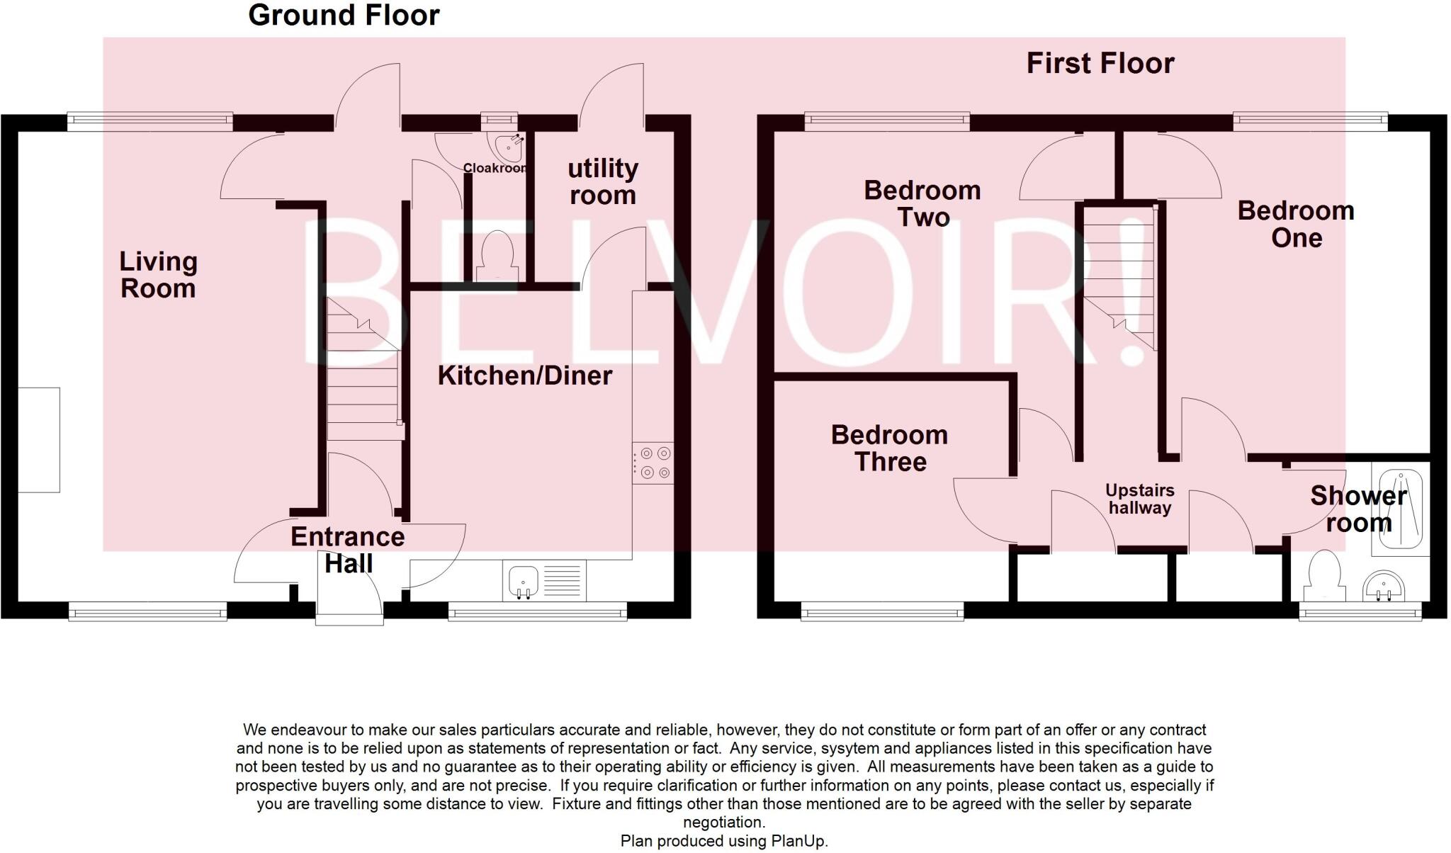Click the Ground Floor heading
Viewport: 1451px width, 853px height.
coord(344,16)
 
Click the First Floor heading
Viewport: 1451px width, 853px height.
coord(1100,64)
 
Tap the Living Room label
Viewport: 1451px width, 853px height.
coord(158,275)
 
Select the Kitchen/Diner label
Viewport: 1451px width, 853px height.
coord(524,375)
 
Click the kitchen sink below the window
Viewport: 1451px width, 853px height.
coord(524,581)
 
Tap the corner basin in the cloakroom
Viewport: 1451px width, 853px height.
coord(512,147)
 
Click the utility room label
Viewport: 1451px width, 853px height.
coord(603,181)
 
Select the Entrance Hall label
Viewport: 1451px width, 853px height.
coord(348,550)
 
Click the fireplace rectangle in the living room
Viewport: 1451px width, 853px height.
coord(38,439)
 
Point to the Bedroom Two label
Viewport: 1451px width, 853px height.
coord(922,203)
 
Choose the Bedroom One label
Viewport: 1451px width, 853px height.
coord(1296,224)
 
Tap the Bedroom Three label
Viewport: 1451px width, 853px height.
coord(890,448)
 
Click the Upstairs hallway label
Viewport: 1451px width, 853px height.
coord(1140,499)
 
